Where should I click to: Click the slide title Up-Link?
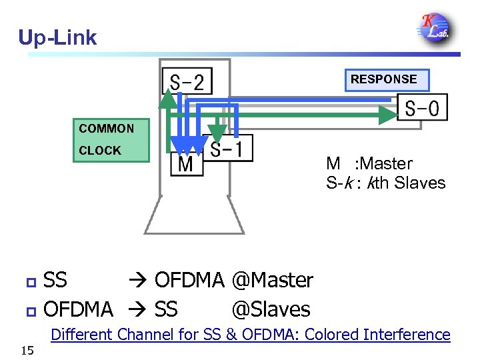57,37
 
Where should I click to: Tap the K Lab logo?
434,27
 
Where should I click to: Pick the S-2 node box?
187,83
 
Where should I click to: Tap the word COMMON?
107,129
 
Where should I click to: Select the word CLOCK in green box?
100,151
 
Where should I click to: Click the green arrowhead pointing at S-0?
389,115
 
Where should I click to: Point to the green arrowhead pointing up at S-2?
169,98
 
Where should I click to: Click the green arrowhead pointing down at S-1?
216,133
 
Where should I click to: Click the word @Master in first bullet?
272,281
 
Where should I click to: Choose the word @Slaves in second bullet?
271,309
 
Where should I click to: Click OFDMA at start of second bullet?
78,309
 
